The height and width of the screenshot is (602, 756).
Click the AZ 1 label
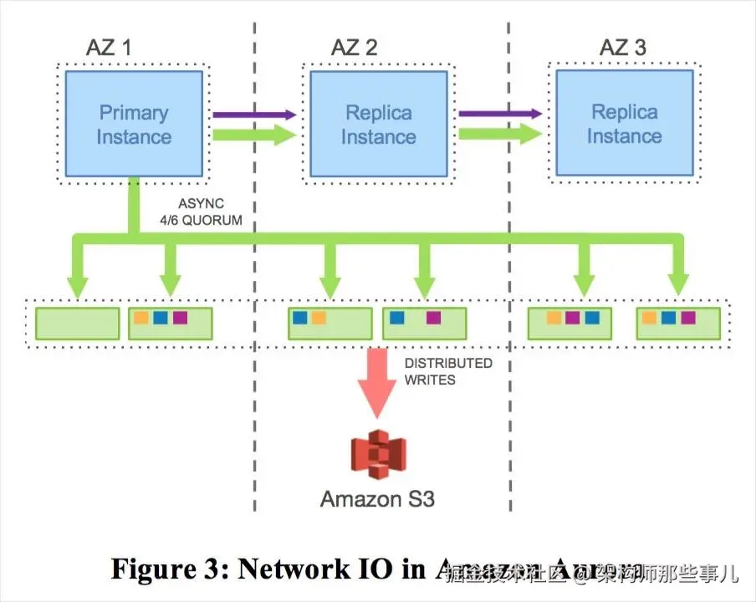pyautogui.click(x=108, y=47)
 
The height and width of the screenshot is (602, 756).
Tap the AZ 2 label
pyautogui.click(x=354, y=47)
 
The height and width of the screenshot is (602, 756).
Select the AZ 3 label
pyautogui.click(x=622, y=47)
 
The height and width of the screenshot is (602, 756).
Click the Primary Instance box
pyautogui.click(x=134, y=124)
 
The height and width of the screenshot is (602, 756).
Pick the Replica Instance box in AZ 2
pyautogui.click(x=378, y=124)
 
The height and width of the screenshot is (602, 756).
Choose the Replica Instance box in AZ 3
pyautogui.click(x=624, y=123)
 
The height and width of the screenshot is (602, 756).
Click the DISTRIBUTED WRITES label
pyautogui.click(x=447, y=371)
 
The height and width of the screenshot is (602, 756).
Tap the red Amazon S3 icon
pyautogui.click(x=377, y=455)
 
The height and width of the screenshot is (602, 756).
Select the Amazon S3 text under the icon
pyautogui.click(x=377, y=499)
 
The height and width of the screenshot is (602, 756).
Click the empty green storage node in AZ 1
pyautogui.click(x=78, y=324)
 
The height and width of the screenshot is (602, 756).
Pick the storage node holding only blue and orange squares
pyautogui.click(x=329, y=324)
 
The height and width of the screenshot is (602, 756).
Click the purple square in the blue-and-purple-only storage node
pyautogui.click(x=432, y=318)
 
